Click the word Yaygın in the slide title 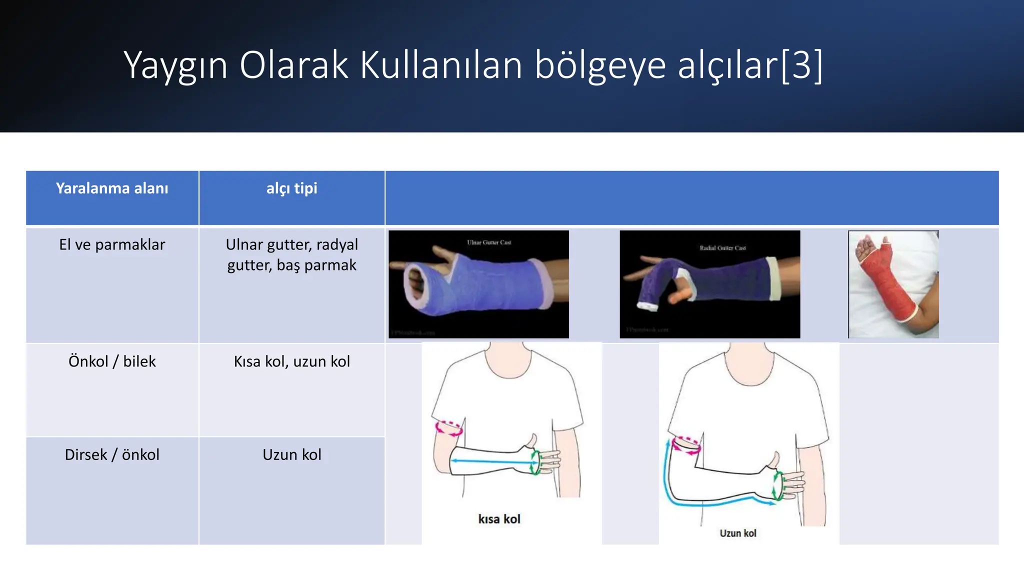pyautogui.click(x=175, y=65)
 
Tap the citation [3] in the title pyautogui.click(x=801, y=65)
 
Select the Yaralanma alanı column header pyautogui.click(x=112, y=188)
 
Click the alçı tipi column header pyautogui.click(x=291, y=188)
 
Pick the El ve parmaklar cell pyautogui.click(x=112, y=244)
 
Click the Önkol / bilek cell pyautogui.click(x=112, y=361)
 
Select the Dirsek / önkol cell pyautogui.click(x=112, y=454)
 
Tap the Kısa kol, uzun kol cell pyautogui.click(x=291, y=361)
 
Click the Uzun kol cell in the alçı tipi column pyautogui.click(x=291, y=454)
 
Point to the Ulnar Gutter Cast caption pyautogui.click(x=489, y=242)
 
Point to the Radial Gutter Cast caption pyautogui.click(x=722, y=248)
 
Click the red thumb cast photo pyautogui.click(x=893, y=284)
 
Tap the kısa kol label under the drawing pyautogui.click(x=499, y=519)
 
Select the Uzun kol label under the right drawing pyautogui.click(x=737, y=533)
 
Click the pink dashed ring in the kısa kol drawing pyautogui.click(x=448, y=428)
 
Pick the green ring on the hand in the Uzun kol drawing pyautogui.click(x=777, y=485)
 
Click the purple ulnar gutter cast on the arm pyautogui.click(x=490, y=285)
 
